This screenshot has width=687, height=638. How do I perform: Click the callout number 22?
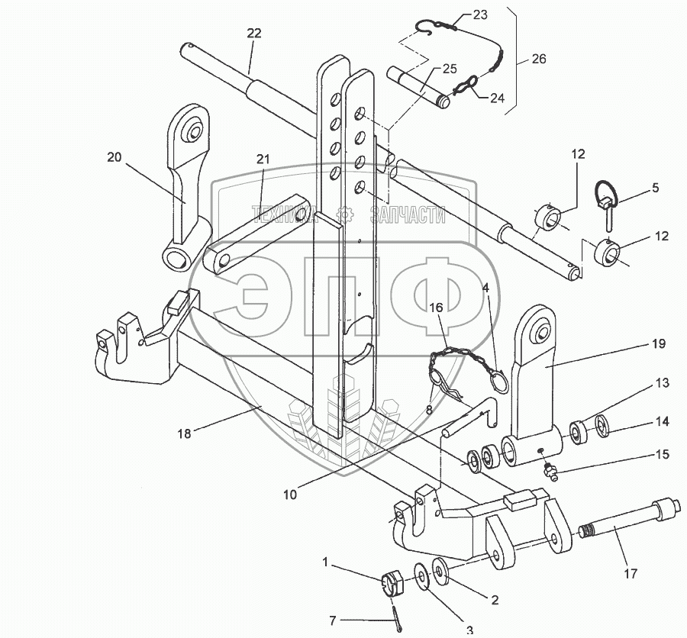(x=254, y=33)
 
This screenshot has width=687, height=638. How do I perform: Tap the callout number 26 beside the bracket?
(x=540, y=58)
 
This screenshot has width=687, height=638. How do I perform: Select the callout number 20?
(x=114, y=156)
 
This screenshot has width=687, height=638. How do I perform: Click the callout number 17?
(x=630, y=573)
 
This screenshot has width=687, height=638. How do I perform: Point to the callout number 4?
(x=485, y=289)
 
